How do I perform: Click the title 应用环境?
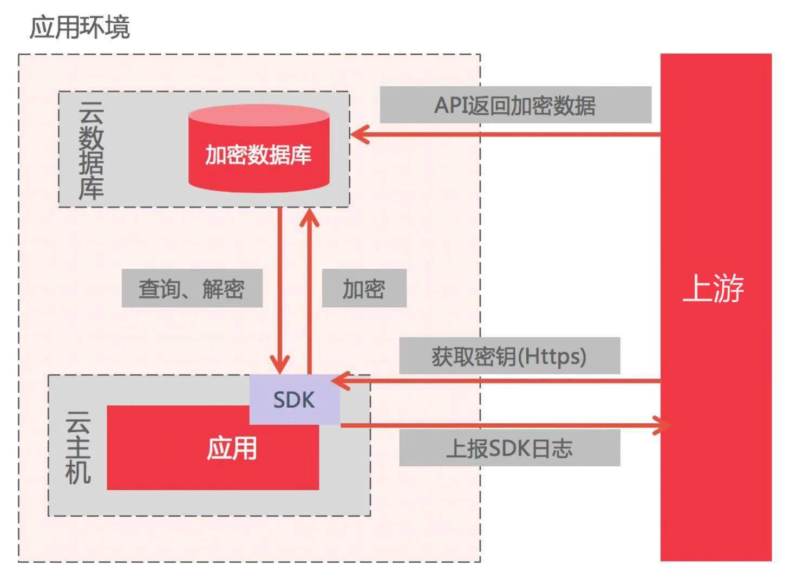80,27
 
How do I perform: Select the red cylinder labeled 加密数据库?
258,155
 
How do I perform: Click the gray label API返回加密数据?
515,105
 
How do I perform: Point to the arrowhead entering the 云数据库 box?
359,134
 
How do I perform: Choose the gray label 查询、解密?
192,289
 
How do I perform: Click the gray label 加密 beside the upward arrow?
364,289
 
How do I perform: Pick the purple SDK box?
294,400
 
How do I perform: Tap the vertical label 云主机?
78,447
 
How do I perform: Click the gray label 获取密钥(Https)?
509,356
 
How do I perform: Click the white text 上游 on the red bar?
714,288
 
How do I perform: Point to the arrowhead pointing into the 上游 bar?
663,425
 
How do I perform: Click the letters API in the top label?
450,105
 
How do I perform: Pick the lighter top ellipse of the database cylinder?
259,115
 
